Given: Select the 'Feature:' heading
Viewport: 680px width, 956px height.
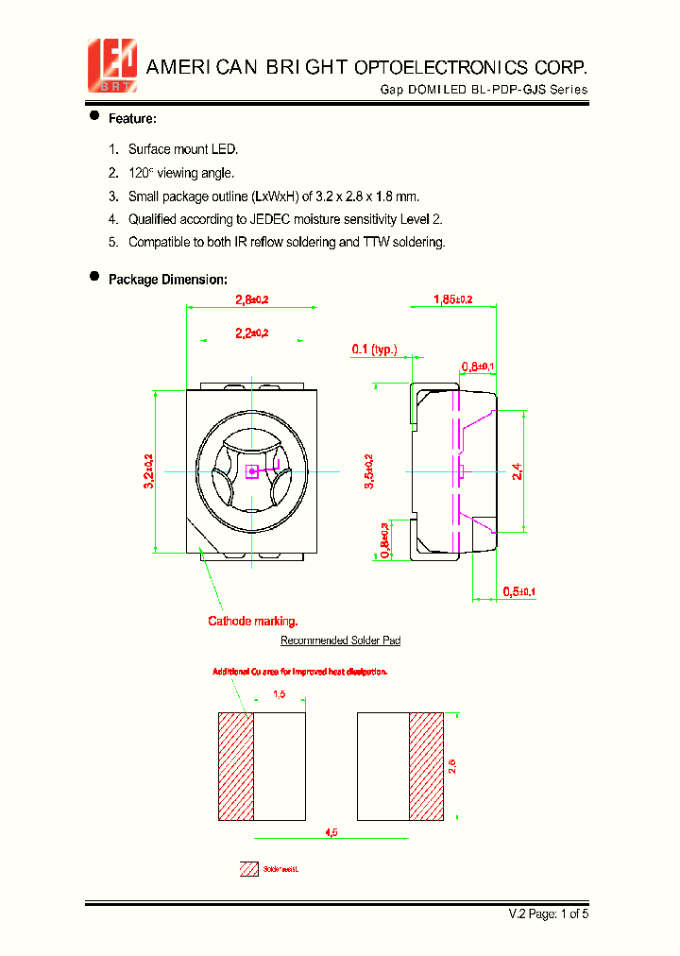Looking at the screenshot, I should click(132, 119).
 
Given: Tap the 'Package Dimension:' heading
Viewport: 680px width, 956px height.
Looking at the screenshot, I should click(167, 280).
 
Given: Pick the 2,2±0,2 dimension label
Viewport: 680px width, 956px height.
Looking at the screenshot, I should click(251, 333).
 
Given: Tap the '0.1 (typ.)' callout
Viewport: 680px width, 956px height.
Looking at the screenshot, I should click(374, 350).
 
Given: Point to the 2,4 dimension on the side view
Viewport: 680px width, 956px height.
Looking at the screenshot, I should click(517, 470).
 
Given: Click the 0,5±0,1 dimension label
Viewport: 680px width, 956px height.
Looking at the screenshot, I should click(518, 591).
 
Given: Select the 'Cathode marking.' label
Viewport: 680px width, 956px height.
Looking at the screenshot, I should click(253, 621).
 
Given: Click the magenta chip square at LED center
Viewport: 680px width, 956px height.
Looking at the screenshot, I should click(251, 471).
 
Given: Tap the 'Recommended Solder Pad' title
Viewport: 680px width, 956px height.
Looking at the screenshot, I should click(340, 640).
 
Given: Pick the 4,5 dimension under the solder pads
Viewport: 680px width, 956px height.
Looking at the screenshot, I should click(331, 832).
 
